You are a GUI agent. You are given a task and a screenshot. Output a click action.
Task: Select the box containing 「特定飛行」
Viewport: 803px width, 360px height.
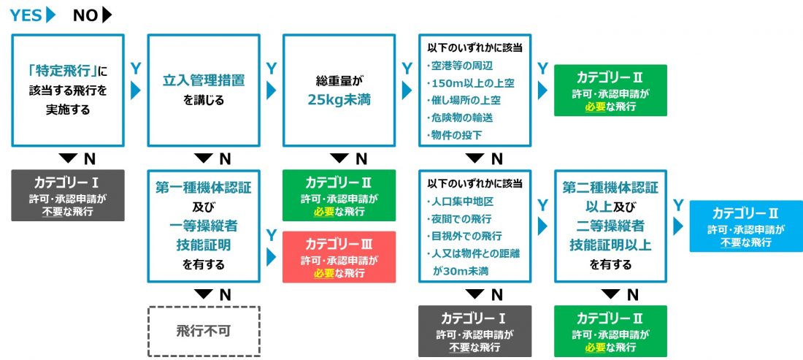pos(68,90)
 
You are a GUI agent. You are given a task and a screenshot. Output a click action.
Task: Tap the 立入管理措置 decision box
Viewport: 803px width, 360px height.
pos(204,90)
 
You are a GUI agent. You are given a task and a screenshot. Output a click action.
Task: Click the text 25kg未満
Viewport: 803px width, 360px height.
pos(339,99)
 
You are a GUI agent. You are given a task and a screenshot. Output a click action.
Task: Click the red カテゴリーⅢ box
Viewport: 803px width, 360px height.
pos(339,256)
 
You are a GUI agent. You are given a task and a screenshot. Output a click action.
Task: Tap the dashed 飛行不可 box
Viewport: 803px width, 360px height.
pos(204,331)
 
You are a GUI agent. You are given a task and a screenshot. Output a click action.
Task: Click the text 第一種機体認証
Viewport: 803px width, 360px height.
pos(204,188)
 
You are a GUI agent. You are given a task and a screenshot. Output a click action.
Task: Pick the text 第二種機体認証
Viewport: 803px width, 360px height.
pos(610,188)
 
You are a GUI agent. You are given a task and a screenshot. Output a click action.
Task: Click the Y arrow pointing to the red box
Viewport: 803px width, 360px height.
pos(271,258)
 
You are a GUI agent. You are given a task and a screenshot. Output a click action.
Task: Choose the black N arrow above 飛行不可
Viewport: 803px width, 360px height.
pos(204,294)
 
